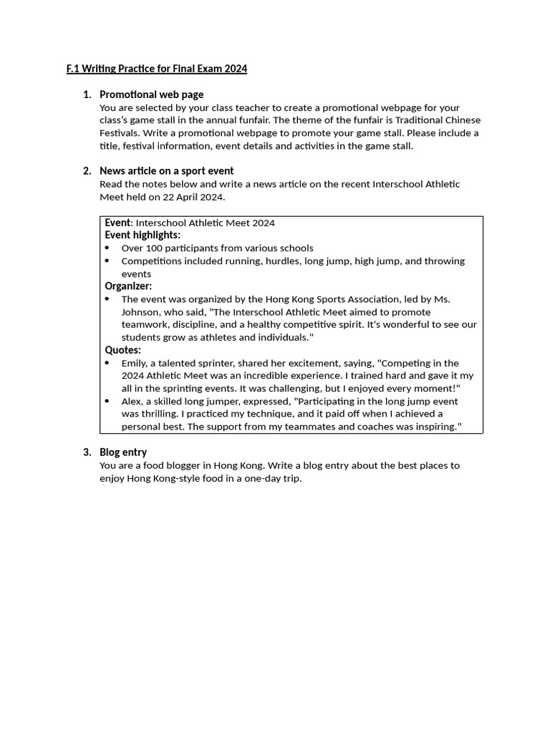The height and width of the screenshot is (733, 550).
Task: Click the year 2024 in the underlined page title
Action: click(x=236, y=69)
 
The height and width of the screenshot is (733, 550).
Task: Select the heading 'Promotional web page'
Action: click(x=151, y=94)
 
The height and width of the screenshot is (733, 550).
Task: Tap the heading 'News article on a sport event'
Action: click(x=166, y=170)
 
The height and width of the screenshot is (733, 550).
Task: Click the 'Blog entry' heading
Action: click(x=123, y=452)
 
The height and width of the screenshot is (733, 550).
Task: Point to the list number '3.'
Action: click(x=87, y=452)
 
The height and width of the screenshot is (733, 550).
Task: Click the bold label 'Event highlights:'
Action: click(x=143, y=235)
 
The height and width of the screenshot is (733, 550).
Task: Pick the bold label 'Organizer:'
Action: click(x=128, y=286)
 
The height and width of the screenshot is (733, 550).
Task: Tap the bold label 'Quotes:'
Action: click(x=123, y=350)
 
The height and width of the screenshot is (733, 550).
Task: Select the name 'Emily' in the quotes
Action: click(x=135, y=363)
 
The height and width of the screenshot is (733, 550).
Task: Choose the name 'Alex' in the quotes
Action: click(x=132, y=401)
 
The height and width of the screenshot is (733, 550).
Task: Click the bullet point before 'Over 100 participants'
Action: click(x=107, y=248)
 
